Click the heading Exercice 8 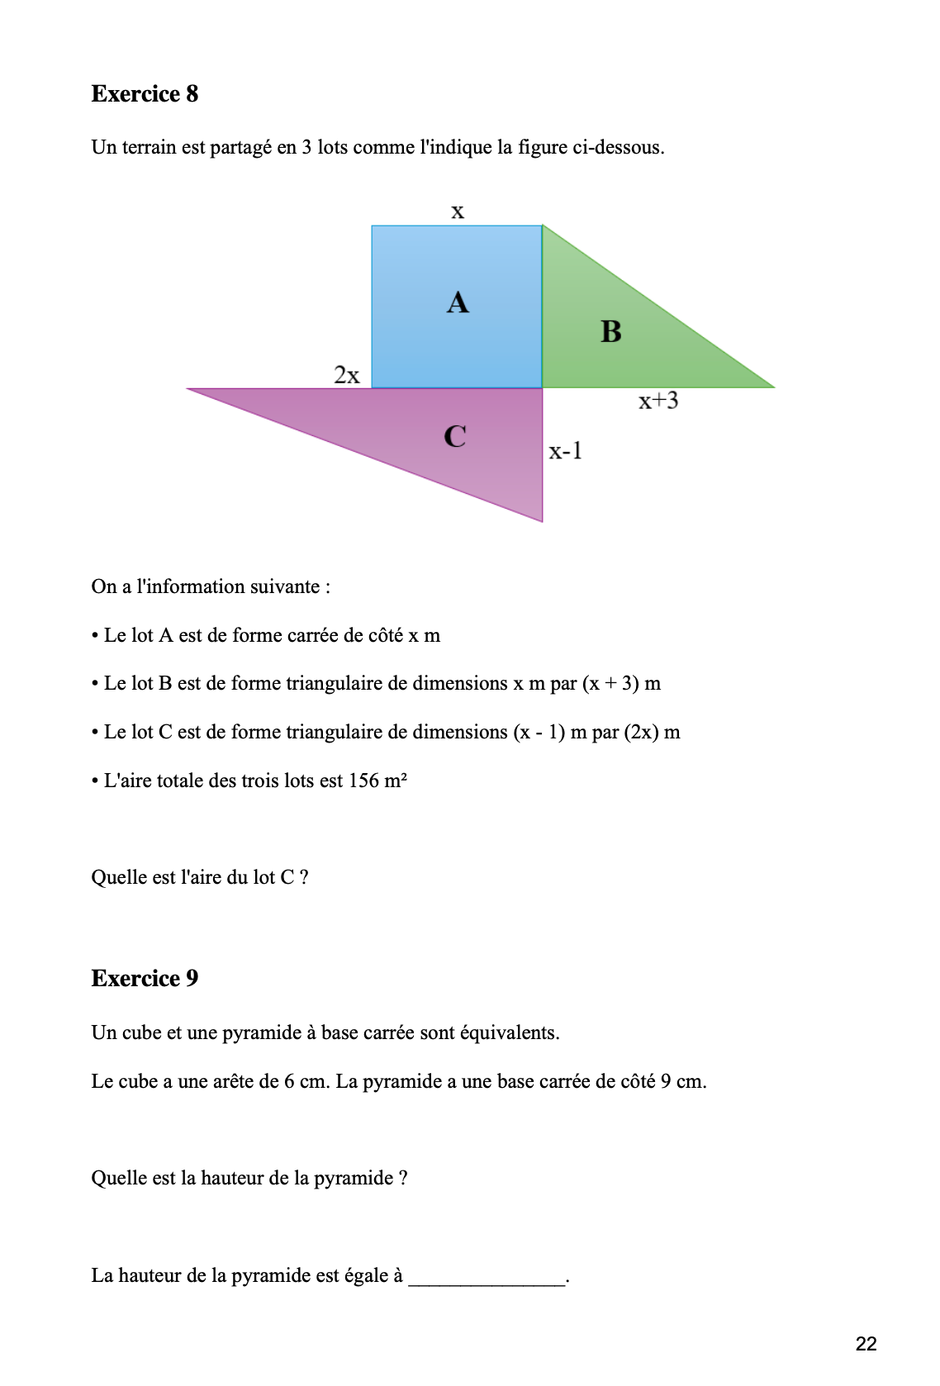pyautogui.click(x=145, y=94)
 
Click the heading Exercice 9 pyautogui.click(x=145, y=979)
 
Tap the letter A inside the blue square pyautogui.click(x=458, y=303)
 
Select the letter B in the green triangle pyautogui.click(x=611, y=332)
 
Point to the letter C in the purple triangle pyautogui.click(x=455, y=436)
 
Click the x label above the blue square pyautogui.click(x=457, y=211)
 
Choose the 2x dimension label pyautogui.click(x=347, y=376)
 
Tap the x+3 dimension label pyautogui.click(x=658, y=401)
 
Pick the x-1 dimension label pyautogui.click(x=566, y=451)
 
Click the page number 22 pyautogui.click(x=866, y=1344)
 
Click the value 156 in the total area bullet pyautogui.click(x=363, y=781)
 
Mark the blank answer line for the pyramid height pyautogui.click(x=487, y=1278)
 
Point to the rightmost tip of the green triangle pyautogui.click(x=772, y=387)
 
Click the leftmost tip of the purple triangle pyautogui.click(x=189, y=389)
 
